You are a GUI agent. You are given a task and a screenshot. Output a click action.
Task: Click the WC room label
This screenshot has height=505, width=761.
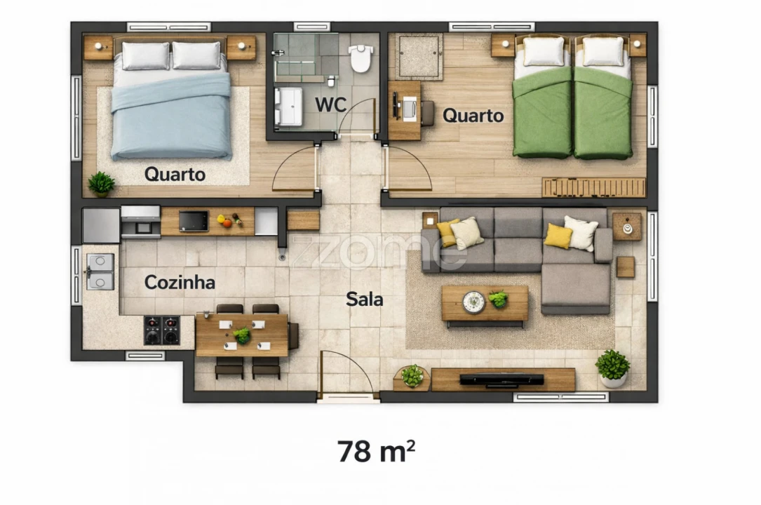click(x=330, y=105)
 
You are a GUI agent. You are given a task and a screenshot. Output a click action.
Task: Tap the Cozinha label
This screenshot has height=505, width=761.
click(x=180, y=283)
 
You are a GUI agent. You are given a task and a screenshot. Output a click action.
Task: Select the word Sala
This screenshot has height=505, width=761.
click(x=365, y=299)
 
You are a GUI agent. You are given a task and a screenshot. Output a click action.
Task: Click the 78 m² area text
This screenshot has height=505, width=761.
click(x=376, y=451)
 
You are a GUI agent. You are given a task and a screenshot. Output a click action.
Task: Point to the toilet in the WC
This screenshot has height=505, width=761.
click(x=360, y=58)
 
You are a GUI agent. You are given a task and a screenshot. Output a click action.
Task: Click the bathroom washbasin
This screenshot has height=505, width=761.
click(x=288, y=106)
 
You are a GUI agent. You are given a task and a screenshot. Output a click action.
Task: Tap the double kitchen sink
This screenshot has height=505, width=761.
click(x=100, y=271)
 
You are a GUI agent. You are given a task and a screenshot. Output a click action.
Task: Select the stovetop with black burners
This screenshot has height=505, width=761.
click(x=162, y=330)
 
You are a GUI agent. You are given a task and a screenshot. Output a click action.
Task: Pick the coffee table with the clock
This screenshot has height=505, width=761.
click(x=485, y=304)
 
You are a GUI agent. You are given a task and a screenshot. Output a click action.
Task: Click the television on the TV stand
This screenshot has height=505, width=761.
click(x=501, y=379)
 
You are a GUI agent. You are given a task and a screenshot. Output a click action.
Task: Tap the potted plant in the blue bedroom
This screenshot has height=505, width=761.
click(x=102, y=183)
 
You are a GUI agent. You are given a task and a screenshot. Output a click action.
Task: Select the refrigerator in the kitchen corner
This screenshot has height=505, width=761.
click(x=101, y=225)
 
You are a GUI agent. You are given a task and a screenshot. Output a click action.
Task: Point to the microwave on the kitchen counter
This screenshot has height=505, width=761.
click(x=194, y=221)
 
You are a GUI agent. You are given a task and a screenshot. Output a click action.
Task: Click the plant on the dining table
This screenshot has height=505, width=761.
click(x=242, y=335)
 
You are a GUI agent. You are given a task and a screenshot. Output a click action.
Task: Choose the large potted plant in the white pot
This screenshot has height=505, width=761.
click(x=612, y=368)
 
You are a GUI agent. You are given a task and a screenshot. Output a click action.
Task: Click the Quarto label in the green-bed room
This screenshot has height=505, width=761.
click(x=473, y=116)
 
